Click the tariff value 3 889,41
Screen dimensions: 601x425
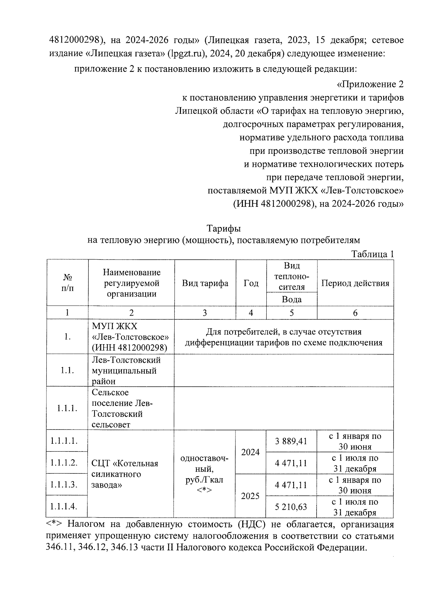point(291,441)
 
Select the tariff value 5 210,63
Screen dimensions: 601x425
point(291,507)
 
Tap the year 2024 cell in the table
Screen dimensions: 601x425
point(250,452)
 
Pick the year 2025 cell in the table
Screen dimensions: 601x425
point(250,496)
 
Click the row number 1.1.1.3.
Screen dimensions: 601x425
point(64,484)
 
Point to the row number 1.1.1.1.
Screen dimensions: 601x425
point(64,441)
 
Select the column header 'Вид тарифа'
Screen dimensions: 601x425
point(205,283)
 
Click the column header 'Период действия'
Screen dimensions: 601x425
point(355,283)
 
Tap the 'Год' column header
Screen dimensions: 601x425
point(251,283)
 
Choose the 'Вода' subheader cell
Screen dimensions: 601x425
point(291,300)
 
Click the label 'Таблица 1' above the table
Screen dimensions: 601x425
point(372,254)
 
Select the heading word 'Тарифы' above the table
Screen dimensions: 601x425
point(223,228)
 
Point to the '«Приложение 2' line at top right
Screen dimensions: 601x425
point(370,84)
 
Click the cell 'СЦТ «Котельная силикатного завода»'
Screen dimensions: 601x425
point(125,474)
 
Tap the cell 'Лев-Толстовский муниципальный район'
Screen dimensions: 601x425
point(126,370)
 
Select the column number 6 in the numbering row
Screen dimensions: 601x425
point(355,313)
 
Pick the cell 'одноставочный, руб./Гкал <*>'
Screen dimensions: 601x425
point(204,474)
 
